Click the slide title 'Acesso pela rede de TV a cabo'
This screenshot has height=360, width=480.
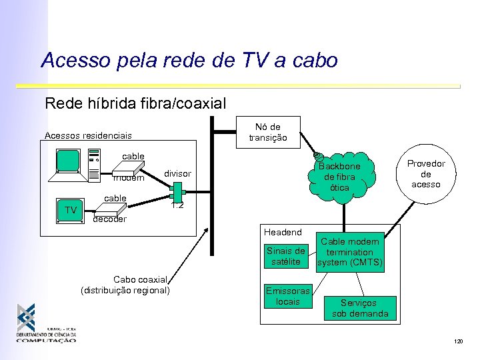click(189, 61)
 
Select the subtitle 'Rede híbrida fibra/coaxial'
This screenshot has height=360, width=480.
click(135, 103)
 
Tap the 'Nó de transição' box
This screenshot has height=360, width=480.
click(268, 132)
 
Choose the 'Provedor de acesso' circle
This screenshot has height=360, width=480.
click(426, 173)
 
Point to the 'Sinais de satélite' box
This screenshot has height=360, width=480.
click(285, 257)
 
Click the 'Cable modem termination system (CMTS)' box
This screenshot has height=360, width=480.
click(349, 253)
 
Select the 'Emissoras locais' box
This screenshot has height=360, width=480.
click(287, 296)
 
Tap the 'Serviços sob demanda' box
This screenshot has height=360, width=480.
click(360, 308)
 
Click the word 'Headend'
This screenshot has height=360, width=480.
click(283, 232)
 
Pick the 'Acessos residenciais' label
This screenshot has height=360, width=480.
click(88, 135)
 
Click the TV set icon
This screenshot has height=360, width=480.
click(71, 211)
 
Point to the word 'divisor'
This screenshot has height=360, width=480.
click(177, 173)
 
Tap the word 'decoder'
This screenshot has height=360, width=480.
click(109, 219)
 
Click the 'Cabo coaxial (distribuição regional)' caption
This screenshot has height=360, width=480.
click(125, 285)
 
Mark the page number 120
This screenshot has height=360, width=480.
click(458, 341)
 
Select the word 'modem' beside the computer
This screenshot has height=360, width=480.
click(129, 178)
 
